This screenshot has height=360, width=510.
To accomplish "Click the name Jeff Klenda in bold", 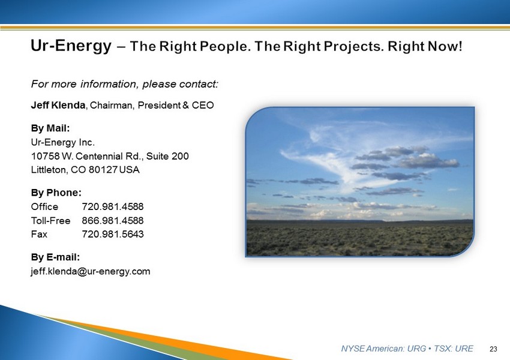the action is coord(58,105).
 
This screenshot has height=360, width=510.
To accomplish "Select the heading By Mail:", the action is coord(50,128).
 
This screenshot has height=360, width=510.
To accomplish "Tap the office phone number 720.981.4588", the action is coord(113,206).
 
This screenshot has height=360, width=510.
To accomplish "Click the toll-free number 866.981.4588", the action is coord(113,220).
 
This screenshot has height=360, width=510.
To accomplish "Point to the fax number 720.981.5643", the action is coord(113,234).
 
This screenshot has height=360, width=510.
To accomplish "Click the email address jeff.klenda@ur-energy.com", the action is coord(91,271).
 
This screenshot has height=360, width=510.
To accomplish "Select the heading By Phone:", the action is coord(56,193).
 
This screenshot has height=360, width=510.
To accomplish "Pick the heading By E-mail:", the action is coord(55,257).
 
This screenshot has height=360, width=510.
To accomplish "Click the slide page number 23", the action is coord(493,349).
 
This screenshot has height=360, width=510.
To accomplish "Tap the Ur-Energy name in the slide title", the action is coord(71,46).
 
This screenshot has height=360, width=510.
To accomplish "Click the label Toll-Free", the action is coord(50,220).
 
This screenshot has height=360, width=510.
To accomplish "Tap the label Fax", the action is coord(39,234).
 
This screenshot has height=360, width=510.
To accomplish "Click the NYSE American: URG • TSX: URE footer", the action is coord(407,349).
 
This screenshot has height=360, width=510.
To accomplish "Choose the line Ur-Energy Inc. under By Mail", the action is coord(63,142).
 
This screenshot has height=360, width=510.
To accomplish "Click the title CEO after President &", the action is coord(203,106).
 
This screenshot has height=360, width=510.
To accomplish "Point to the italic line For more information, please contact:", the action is coord(125,84).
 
